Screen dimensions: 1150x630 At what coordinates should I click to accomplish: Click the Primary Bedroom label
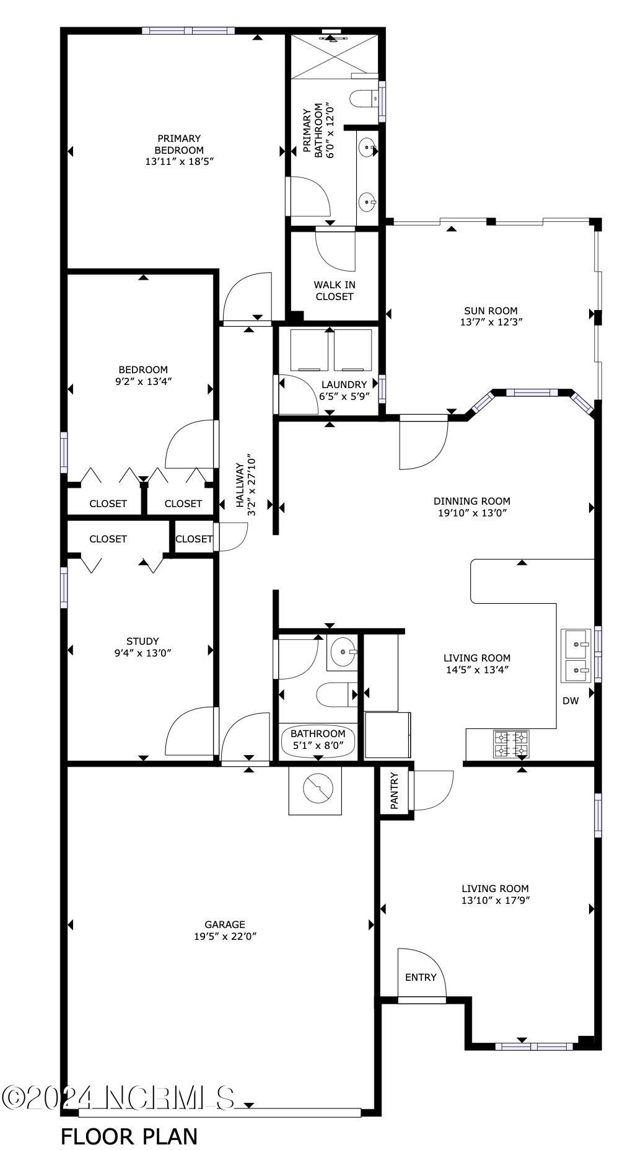178,144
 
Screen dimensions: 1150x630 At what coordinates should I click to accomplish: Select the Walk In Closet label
334,290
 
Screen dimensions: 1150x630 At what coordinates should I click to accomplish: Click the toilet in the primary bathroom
362,98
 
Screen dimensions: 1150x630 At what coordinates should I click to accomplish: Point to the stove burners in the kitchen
511,744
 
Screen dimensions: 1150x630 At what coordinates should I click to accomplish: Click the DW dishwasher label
570,701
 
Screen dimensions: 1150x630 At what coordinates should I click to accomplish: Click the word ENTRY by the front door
421,977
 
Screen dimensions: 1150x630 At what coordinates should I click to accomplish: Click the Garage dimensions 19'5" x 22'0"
225,936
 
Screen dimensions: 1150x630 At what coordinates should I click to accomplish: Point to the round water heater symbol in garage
318,789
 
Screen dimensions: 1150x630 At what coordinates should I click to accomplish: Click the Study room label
142,641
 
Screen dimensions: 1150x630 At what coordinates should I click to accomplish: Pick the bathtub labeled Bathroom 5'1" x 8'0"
318,740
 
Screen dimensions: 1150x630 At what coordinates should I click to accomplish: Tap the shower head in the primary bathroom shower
333,38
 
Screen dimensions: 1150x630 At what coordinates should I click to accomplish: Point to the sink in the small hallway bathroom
342,652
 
